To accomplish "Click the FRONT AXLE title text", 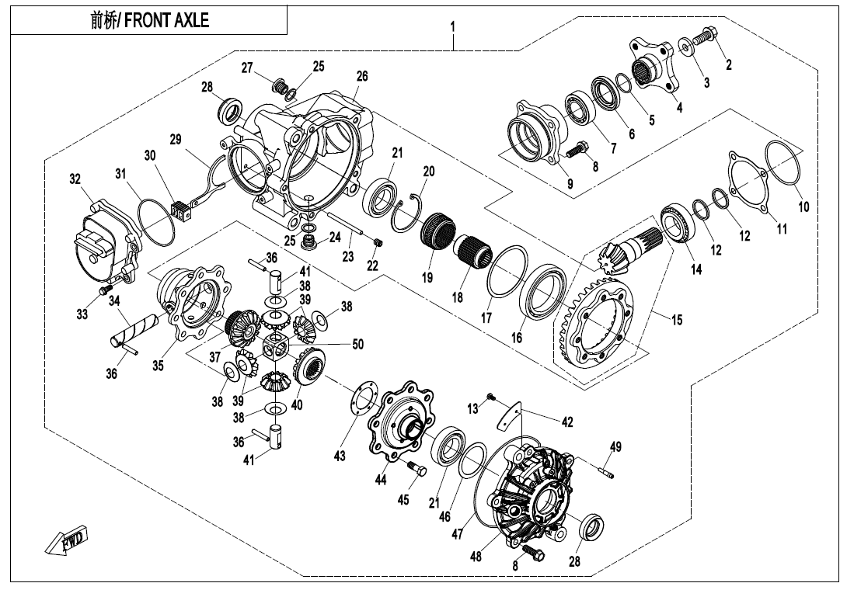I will point(150,20).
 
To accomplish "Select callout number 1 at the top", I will point(453,27).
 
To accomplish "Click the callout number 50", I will point(357,344).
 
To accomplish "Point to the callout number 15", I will point(677,319).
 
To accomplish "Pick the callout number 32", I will point(75,179).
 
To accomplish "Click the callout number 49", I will point(615,446).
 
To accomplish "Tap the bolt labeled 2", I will point(709,35).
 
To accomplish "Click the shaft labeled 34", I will point(134,327).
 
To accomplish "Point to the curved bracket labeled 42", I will point(508,415).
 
